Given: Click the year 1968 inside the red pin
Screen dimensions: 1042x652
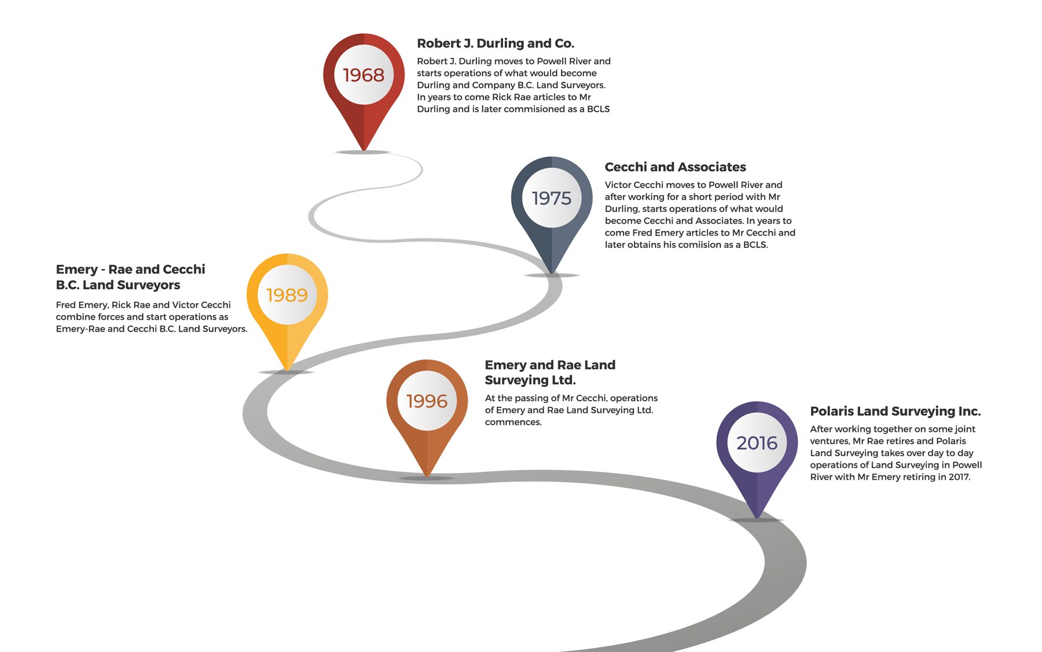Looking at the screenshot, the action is tap(364, 75).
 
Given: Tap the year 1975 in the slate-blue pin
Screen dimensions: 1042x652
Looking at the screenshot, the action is tap(552, 198).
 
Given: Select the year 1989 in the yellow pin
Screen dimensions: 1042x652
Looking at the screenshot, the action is tap(287, 295).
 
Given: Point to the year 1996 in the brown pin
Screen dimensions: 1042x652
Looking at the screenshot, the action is tap(427, 401).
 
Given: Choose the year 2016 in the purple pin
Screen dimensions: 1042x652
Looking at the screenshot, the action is tap(757, 443).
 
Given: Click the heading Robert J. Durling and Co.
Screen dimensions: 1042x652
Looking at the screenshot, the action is tap(496, 43).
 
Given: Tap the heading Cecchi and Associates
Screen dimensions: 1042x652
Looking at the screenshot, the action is tap(675, 167).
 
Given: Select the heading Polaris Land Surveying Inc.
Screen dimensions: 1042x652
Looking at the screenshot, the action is tap(896, 411).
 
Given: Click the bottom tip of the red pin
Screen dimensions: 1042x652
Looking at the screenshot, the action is tap(364, 151).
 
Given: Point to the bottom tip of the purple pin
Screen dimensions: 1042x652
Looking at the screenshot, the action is tap(757, 518).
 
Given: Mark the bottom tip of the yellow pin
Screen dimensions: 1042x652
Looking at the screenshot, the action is tap(287, 370).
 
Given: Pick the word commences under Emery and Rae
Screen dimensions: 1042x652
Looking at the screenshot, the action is tap(513, 422).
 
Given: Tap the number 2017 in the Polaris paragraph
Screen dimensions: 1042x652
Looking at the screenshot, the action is tap(959, 477).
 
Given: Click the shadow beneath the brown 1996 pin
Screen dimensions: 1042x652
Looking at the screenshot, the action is tap(426, 478).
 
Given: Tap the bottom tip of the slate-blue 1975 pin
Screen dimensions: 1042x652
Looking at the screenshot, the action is tap(552, 273).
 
